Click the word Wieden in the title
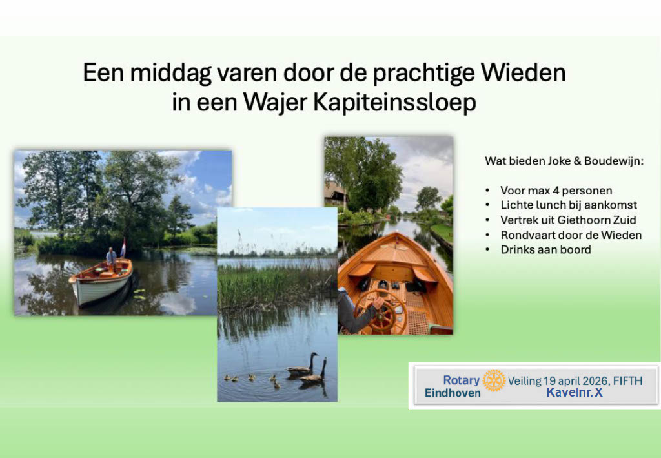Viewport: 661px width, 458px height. pos(523,72)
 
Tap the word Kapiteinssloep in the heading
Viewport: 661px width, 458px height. pos(395,103)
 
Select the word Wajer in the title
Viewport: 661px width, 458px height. pos(275,103)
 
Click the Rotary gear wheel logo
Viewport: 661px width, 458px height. pos(494,380)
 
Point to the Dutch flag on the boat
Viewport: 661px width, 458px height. pos(123,247)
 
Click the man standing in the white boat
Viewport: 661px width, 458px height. pos(111,258)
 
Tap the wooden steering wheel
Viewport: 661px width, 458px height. pos(382,311)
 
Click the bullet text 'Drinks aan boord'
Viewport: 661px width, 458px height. pos(545,249)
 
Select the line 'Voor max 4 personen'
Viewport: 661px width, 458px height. pos(556,191)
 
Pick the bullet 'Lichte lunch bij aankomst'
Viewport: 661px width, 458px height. pos(569,205)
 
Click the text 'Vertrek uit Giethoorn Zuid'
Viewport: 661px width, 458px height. pos(568,220)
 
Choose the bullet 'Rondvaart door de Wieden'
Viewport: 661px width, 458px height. pos(571,235)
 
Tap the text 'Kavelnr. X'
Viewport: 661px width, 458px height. pos(574,393)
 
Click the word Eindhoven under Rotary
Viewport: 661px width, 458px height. pos(453,393)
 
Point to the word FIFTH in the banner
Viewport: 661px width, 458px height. pos(627,381)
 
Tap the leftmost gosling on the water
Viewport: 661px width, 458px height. pos(227,377)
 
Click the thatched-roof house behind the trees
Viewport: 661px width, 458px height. pos(336,195)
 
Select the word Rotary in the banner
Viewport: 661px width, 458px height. pos(461,380)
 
